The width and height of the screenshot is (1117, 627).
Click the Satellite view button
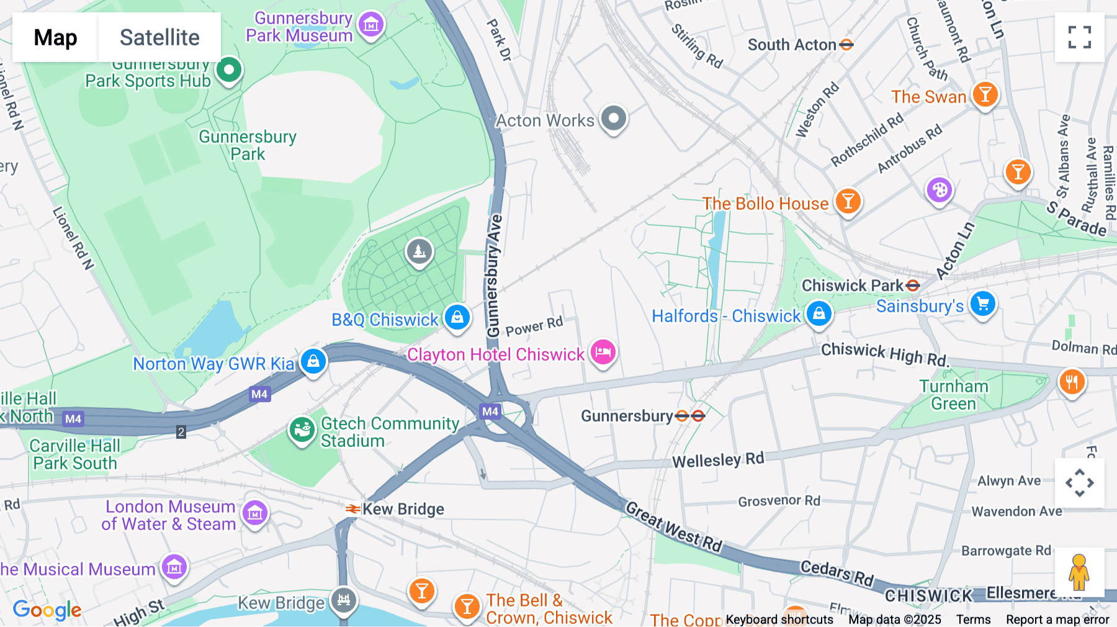tap(159, 37)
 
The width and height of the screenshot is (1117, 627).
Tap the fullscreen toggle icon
tap(1079, 37)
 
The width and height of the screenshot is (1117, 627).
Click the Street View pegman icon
tap(1079, 572)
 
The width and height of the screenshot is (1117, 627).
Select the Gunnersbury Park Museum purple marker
tap(371, 25)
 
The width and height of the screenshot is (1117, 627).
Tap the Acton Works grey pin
tap(614, 117)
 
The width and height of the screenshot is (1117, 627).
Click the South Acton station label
tap(792, 45)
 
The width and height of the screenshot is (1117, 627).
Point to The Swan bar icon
tap(985, 95)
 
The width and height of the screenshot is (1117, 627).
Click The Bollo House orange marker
tap(848, 202)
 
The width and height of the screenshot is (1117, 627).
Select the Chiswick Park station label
tap(853, 286)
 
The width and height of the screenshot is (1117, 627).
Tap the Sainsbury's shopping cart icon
tap(983, 304)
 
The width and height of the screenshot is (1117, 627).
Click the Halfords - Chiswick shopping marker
tap(819, 313)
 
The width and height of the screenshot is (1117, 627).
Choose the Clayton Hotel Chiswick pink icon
tap(603, 353)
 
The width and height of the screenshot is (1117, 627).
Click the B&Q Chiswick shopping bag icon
tap(457, 318)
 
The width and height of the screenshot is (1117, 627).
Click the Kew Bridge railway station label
tap(403, 509)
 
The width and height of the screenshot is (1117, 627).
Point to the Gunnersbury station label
tap(627, 416)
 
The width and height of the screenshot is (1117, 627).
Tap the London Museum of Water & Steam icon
tap(255, 514)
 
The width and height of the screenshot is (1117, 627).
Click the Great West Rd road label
tap(674, 527)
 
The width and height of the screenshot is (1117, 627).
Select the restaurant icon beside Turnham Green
tap(1072, 381)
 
